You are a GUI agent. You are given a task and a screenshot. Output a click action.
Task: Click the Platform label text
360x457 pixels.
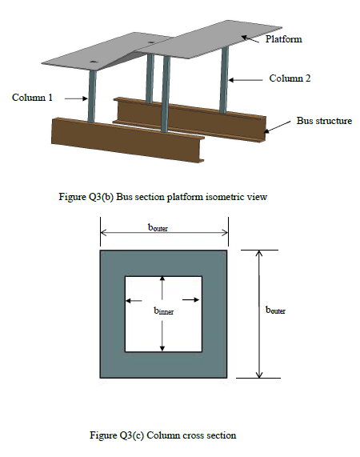(284, 39)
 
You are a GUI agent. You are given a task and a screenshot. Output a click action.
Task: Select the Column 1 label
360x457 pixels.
(33, 98)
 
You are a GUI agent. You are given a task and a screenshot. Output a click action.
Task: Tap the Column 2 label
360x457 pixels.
(290, 78)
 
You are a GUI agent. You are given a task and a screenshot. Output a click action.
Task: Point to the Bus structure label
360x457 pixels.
(324, 121)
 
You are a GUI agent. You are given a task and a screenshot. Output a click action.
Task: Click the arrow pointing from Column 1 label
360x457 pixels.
(74, 98)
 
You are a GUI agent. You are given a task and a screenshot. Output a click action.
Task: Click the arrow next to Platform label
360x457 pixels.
(254, 36)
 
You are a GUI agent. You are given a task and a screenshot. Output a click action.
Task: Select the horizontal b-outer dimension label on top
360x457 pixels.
(163, 227)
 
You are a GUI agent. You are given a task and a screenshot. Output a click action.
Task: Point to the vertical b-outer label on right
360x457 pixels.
(276, 310)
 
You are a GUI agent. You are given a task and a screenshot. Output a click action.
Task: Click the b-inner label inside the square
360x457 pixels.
(162, 312)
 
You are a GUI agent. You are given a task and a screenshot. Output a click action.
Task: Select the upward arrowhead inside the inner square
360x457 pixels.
(162, 279)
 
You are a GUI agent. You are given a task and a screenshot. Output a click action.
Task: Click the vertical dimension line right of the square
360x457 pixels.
(258, 313)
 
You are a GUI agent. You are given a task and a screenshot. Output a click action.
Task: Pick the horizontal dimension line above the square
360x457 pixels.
(164, 235)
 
